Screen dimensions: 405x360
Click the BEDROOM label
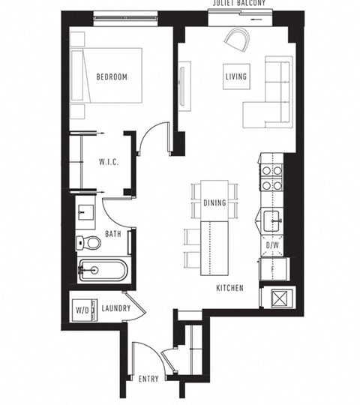tap(111, 76)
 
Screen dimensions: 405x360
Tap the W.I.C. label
tap(109, 162)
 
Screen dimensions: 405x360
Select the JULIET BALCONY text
tap(238, 4)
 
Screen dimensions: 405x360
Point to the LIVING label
tap(236, 76)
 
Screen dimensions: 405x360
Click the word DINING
tap(215, 203)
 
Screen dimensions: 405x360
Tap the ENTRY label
tap(149, 379)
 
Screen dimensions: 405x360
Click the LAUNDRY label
tap(116, 308)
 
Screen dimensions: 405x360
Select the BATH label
tap(114, 233)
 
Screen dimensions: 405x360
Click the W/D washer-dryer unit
tap(82, 309)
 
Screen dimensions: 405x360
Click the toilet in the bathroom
tap(89, 242)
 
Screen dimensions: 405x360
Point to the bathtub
tap(103, 269)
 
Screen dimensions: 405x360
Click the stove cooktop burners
tap(271, 177)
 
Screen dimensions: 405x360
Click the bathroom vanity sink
tap(85, 212)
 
